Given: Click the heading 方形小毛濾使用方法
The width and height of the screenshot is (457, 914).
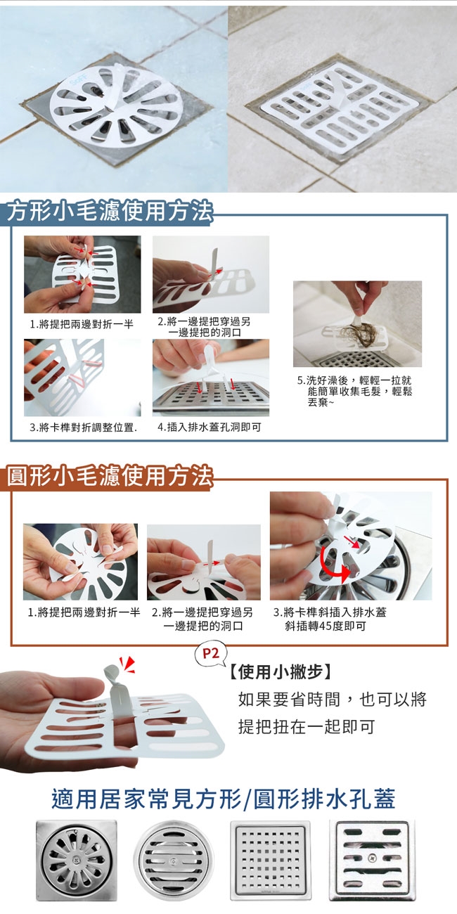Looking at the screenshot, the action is [110, 212].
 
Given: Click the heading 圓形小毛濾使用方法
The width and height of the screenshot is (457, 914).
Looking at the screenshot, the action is [110, 475].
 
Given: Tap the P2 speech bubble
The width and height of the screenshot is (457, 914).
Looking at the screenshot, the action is [210, 653].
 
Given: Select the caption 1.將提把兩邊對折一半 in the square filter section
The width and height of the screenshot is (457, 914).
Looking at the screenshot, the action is [82, 324].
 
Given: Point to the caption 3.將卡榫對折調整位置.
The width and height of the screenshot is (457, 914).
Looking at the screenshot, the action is [83, 427].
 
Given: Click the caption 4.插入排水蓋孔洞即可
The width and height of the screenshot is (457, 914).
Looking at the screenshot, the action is [210, 427].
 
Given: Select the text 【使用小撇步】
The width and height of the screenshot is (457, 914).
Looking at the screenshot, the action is [281, 671].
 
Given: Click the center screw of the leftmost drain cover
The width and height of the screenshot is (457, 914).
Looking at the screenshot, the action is [77, 860].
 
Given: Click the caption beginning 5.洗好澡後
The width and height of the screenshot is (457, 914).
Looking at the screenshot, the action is [354, 392].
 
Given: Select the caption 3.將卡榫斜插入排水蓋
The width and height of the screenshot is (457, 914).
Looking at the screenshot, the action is [330, 619].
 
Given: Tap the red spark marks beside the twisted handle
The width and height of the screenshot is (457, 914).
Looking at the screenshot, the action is [127, 664].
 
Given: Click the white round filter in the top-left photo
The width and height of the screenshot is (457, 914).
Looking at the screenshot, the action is [116, 104].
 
